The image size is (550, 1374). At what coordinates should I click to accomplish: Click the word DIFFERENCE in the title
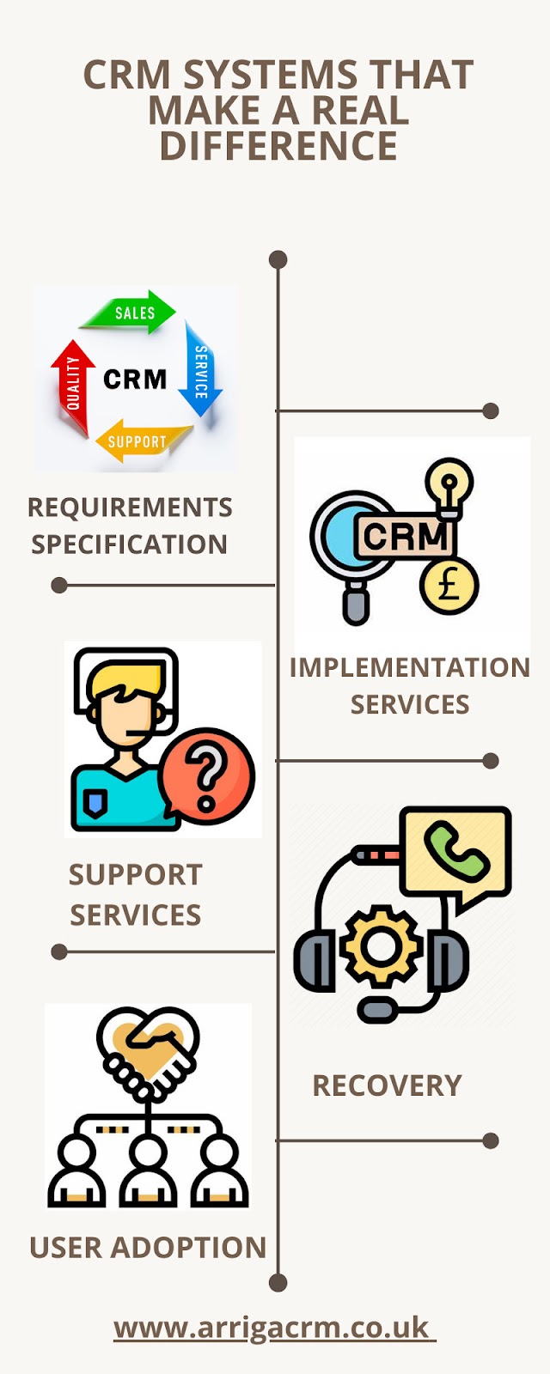tap(278, 146)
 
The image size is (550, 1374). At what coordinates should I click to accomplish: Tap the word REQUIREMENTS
tap(130, 508)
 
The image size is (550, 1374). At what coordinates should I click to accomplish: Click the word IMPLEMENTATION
tap(409, 667)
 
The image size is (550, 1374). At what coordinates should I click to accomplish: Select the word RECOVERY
tap(387, 1085)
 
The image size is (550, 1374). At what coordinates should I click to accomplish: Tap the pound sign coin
tap(449, 587)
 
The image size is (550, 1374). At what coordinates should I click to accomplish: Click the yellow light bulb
tap(449, 483)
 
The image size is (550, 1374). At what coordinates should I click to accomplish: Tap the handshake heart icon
tap(149, 1049)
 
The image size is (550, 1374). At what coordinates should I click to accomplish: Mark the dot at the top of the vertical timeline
tap(278, 259)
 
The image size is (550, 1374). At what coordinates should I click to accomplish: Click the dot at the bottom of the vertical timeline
tap(278, 1283)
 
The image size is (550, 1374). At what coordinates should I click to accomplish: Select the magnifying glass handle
tap(356, 601)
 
